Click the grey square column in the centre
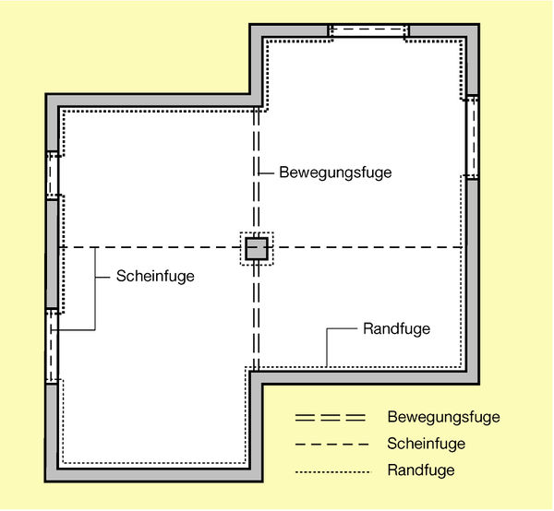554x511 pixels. (257, 249)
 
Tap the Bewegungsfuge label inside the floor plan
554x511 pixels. (335, 172)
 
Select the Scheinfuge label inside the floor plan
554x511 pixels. (155, 276)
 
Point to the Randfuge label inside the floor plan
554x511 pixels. (396, 329)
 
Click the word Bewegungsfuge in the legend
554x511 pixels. (444, 417)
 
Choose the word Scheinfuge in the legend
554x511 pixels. (426, 444)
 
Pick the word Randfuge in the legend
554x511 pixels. (421, 470)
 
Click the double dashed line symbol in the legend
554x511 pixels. (331, 418)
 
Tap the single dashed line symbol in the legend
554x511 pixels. (331, 445)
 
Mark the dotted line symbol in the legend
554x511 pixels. (332, 472)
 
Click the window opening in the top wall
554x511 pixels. (368, 30)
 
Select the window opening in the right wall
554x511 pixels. (472, 137)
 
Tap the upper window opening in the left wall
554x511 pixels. (53, 175)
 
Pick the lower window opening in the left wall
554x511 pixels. (53, 346)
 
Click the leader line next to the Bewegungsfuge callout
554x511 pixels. (267, 173)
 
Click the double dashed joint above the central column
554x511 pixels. (257, 172)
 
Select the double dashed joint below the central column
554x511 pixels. (257, 315)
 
